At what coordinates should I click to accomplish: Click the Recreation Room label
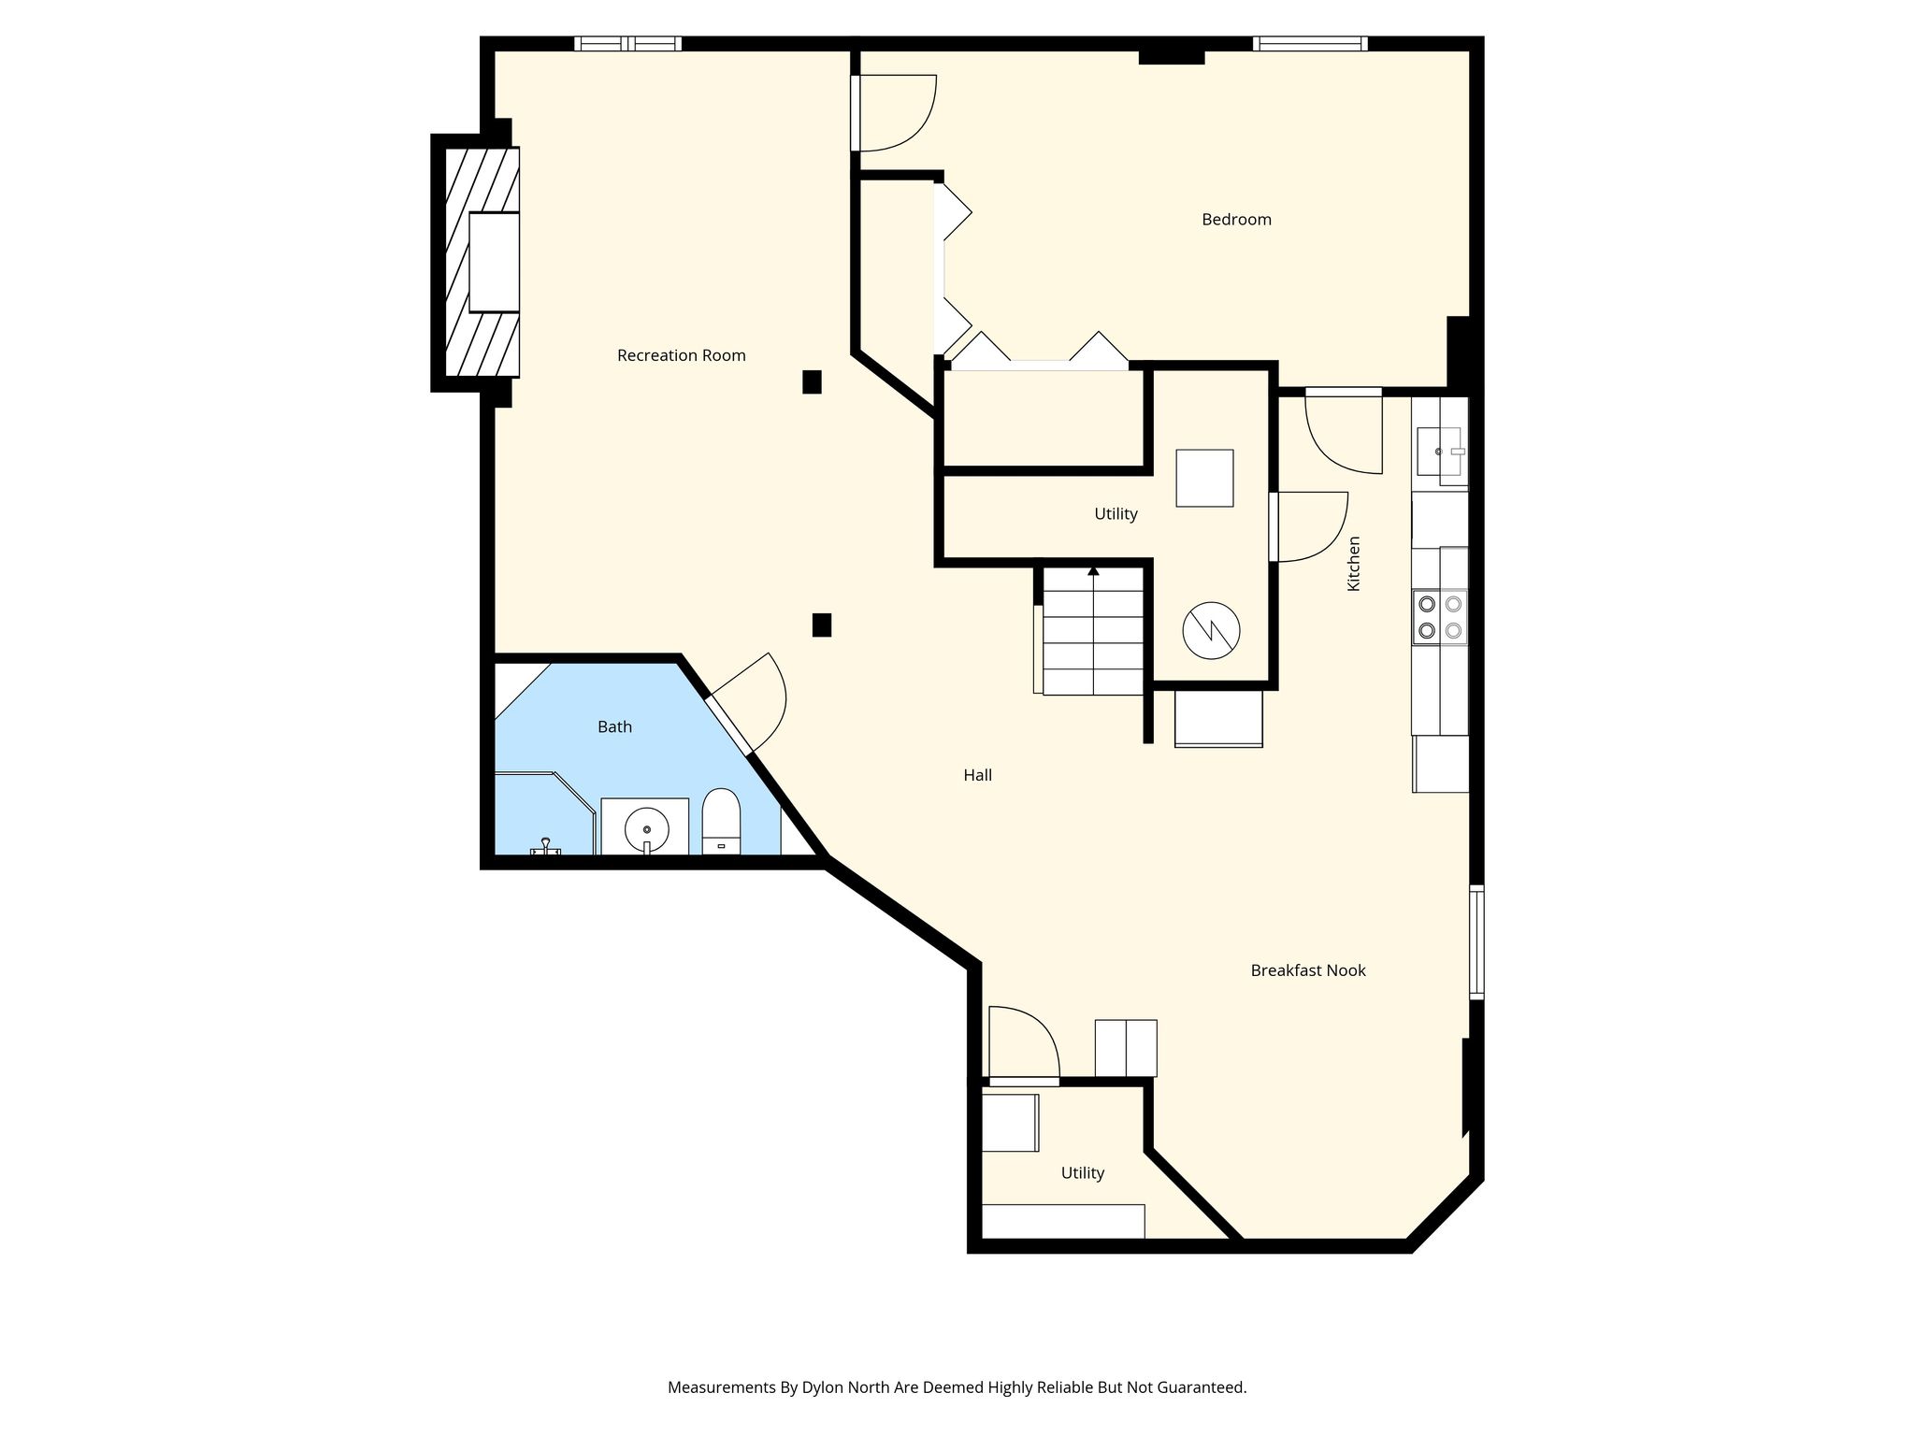[x=681, y=355]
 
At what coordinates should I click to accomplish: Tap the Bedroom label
[x=1236, y=220]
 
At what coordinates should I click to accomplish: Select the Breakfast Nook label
[x=1308, y=970]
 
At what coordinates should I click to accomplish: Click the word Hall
[x=977, y=775]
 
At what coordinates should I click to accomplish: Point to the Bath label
[x=614, y=726]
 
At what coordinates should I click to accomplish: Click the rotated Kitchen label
[x=1353, y=563]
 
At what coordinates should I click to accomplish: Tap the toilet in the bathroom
[x=721, y=822]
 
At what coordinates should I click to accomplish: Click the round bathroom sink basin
[x=646, y=828]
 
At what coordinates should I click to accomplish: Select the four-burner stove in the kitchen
[x=1440, y=617]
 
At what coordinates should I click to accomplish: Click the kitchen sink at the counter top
[x=1440, y=452]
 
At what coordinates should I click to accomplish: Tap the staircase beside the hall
[x=1093, y=631]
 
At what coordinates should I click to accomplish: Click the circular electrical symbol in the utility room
[x=1211, y=630]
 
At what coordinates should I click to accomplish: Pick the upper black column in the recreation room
[x=812, y=381]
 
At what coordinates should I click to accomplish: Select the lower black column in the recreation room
[x=822, y=625]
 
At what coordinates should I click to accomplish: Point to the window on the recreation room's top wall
[x=627, y=43]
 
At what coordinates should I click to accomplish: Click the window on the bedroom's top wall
[x=1310, y=43]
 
